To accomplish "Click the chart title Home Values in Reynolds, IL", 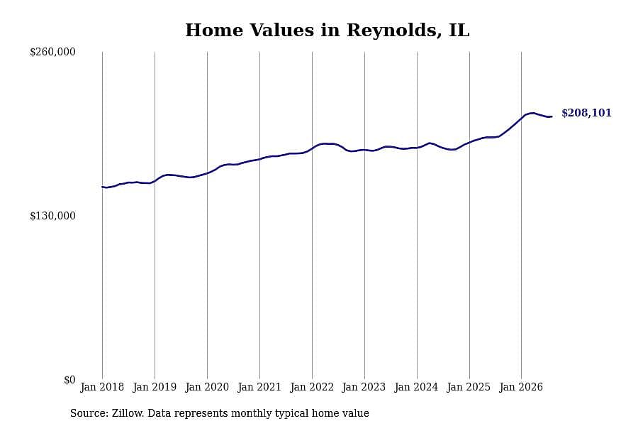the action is [x=327, y=30].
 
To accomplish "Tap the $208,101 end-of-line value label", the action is [x=586, y=113].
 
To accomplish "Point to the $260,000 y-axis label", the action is [x=52, y=52].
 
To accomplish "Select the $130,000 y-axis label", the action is [x=52, y=216].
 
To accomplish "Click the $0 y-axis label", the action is [x=69, y=380].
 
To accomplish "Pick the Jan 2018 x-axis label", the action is [x=102, y=387].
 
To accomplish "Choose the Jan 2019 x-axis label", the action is [x=155, y=387].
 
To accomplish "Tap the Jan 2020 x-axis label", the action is [x=207, y=387].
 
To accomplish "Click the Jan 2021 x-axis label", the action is [x=259, y=387].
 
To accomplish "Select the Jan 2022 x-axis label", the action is [x=312, y=387].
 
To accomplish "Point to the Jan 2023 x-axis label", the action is [x=364, y=387].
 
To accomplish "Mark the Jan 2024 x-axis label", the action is [x=417, y=387].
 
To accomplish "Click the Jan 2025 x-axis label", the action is [x=469, y=387].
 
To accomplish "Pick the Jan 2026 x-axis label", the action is [x=521, y=387].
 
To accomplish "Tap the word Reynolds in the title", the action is [x=394, y=30].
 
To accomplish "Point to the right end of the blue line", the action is [x=552, y=116].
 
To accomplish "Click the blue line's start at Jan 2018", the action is [x=102, y=187].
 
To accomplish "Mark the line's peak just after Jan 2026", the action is [x=532, y=113].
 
